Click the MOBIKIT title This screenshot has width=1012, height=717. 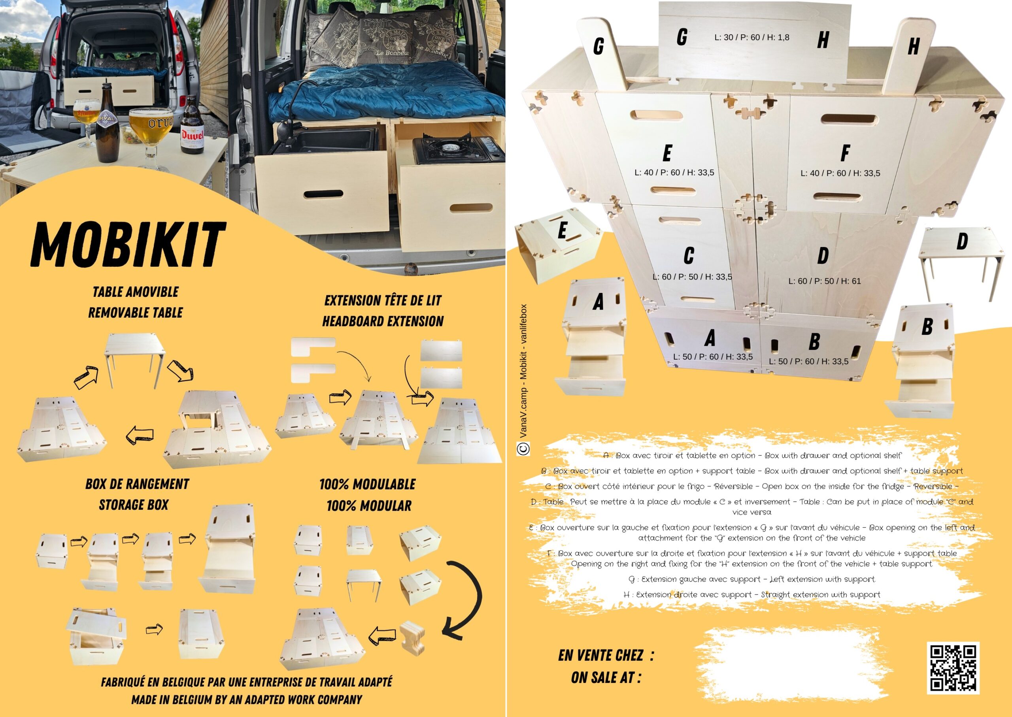click(128, 244)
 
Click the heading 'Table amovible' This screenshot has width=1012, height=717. click(136, 292)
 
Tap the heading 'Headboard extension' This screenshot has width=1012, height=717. click(383, 321)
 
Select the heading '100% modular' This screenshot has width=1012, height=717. click(369, 506)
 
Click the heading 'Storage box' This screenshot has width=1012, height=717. click(133, 505)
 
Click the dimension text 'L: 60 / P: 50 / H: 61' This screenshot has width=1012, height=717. click(825, 281)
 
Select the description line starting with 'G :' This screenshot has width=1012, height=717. click(752, 579)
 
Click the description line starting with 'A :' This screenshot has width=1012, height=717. click(752, 455)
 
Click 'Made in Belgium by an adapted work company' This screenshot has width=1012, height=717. click(246, 699)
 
